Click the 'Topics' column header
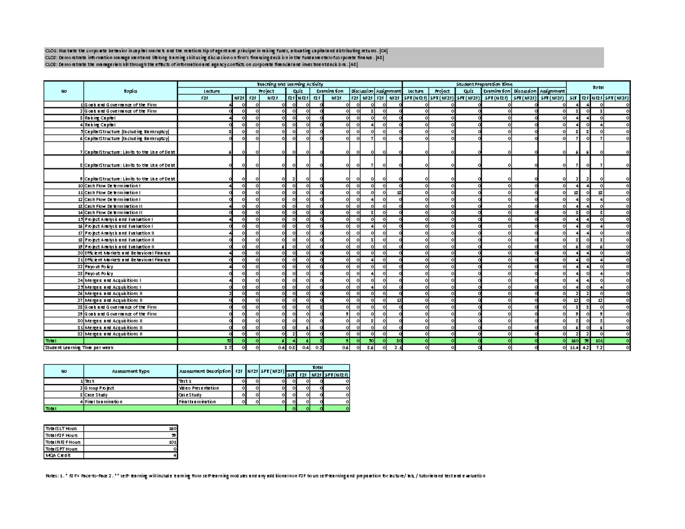pos(130,91)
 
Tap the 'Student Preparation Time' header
pos(484,83)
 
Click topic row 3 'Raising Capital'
pos(101,118)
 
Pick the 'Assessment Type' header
pos(130,371)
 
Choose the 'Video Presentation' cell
pos(198,388)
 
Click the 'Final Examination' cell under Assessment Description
pos(198,402)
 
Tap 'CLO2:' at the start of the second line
pos(51,57)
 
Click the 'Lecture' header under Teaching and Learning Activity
pos(212,91)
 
